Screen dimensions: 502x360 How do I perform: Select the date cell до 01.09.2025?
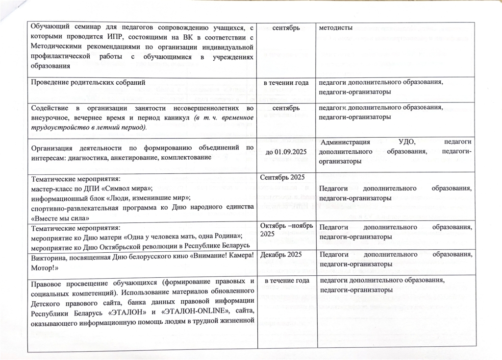(x=286, y=151)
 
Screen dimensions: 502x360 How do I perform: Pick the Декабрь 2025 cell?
(x=280, y=254)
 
